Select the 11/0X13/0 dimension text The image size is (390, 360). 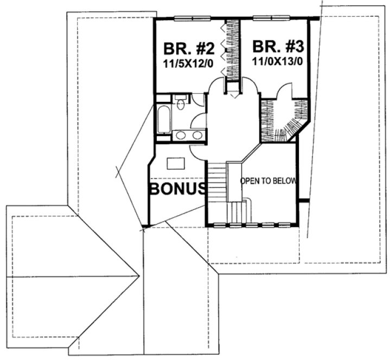277,61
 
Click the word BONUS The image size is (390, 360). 177,189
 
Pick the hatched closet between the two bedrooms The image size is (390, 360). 233,52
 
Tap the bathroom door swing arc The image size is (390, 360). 199,120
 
